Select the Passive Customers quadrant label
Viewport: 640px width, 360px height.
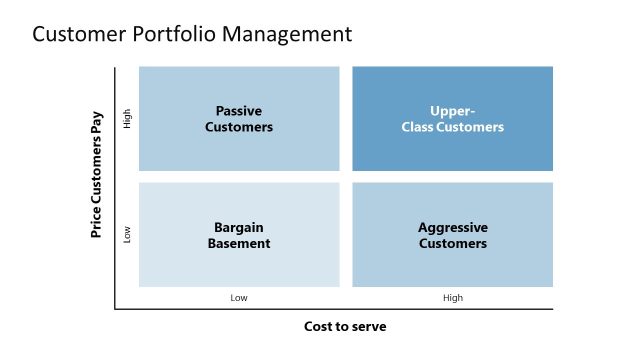[x=239, y=119]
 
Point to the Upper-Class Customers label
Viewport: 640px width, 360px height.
[x=453, y=119]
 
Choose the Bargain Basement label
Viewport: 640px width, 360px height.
[x=239, y=235]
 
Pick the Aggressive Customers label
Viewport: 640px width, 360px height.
[x=453, y=235]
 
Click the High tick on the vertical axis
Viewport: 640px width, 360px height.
[x=126, y=119]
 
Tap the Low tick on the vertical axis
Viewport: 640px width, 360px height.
[x=126, y=235]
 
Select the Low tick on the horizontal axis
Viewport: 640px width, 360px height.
[x=239, y=298]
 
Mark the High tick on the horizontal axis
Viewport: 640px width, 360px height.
[x=453, y=298]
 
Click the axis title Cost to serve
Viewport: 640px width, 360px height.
[x=345, y=327]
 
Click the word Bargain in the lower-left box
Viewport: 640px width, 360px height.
[x=239, y=227]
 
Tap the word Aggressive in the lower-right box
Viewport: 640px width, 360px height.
[x=453, y=227]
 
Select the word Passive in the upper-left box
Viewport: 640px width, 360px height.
[x=239, y=111]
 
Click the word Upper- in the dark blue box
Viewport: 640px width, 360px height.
[x=453, y=111]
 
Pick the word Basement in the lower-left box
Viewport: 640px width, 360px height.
[x=239, y=243]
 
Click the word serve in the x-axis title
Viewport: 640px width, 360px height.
[x=369, y=327]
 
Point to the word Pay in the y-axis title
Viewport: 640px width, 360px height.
[x=97, y=125]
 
